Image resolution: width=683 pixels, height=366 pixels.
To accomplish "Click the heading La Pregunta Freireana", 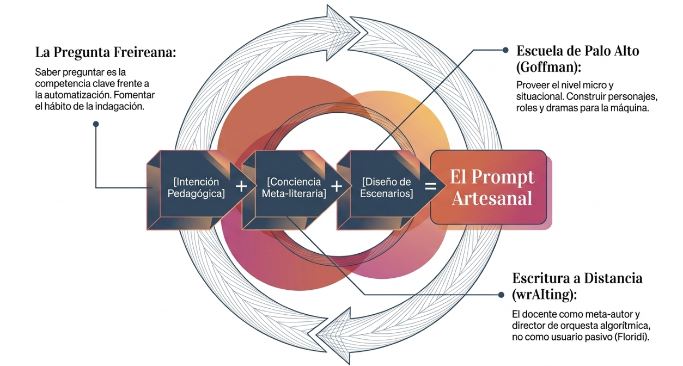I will click(x=106, y=53).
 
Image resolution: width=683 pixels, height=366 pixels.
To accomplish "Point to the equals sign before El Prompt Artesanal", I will click(x=430, y=186).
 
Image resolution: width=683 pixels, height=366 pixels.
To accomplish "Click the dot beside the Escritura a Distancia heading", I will click(x=500, y=295).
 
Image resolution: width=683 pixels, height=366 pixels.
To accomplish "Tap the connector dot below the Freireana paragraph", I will click(x=96, y=124).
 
